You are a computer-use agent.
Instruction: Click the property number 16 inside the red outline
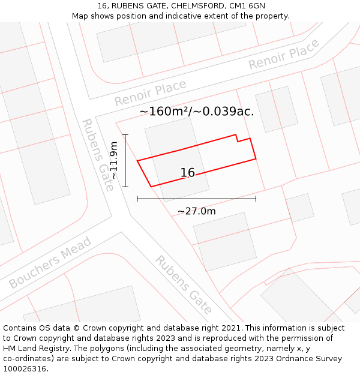click(x=188, y=173)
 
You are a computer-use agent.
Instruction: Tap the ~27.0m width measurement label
click(x=196, y=211)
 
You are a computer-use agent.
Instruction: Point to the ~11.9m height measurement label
click(x=113, y=160)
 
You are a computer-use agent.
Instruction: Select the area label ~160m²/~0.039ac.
click(x=197, y=111)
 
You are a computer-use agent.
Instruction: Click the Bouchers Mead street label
click(x=50, y=262)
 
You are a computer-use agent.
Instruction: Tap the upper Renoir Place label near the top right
click(x=284, y=55)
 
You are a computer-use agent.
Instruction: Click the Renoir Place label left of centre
click(x=150, y=93)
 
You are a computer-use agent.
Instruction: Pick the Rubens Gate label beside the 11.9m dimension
click(x=98, y=154)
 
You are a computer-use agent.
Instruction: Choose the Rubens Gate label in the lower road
click(x=184, y=285)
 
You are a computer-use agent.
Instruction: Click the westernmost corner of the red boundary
click(x=137, y=161)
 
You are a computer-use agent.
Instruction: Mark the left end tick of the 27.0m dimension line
click(x=137, y=198)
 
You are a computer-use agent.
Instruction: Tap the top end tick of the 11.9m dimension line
click(x=125, y=134)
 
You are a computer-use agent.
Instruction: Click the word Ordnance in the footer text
click(x=282, y=359)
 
